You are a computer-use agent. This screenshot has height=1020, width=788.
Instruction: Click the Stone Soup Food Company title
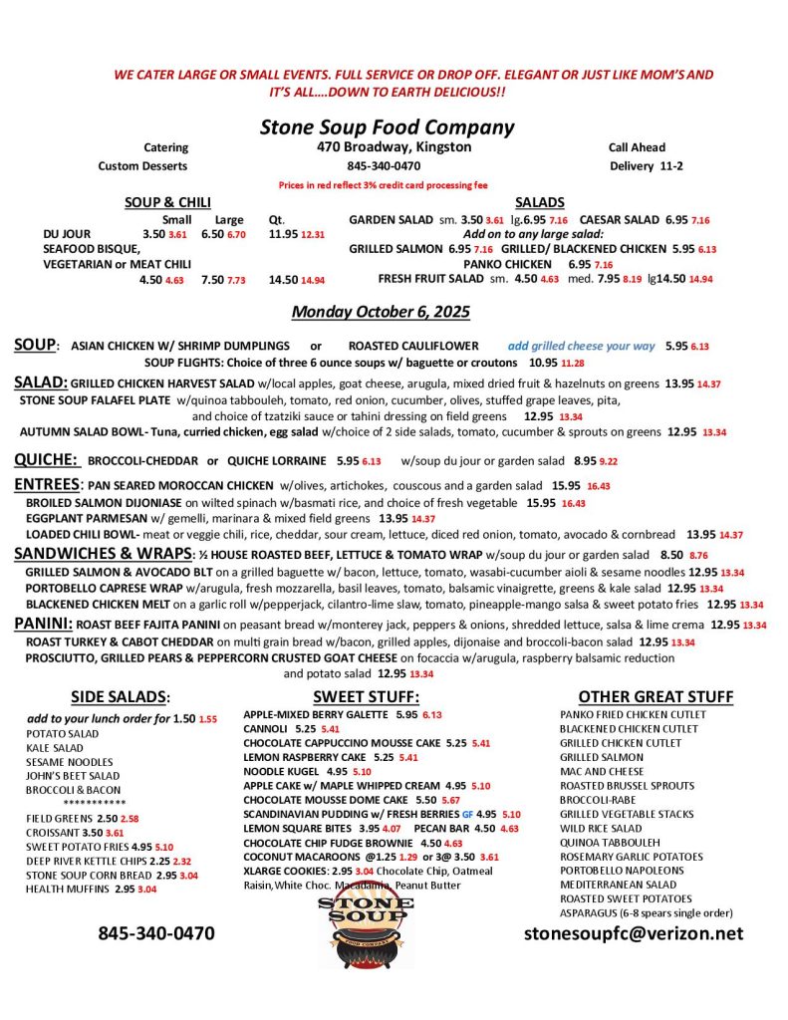coord(387,127)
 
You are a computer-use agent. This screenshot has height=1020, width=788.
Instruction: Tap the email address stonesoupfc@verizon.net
coord(634,933)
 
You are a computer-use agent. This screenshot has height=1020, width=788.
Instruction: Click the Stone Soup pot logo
coord(366,931)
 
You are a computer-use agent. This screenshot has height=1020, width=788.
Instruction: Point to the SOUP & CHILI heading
coord(167,202)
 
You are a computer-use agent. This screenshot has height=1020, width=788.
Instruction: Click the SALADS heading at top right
coord(540,202)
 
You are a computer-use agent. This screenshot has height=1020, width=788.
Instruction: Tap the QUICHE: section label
coord(46,460)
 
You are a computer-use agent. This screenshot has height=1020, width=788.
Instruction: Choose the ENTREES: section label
coord(47,484)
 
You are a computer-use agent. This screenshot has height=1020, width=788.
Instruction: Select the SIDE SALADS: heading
coord(121,696)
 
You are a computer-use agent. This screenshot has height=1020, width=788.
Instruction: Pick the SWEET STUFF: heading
coord(366,696)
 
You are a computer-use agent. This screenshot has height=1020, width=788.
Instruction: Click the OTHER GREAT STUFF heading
coord(656,696)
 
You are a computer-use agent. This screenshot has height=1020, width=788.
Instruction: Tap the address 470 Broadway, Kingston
coord(388,147)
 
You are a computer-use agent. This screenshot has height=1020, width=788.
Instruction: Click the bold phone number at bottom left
coord(155,933)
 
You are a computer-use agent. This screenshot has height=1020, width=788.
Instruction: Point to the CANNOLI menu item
coord(266,729)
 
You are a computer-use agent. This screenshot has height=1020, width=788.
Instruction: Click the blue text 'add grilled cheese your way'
coord(581,346)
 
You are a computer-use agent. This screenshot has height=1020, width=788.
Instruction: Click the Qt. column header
coord(277,219)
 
